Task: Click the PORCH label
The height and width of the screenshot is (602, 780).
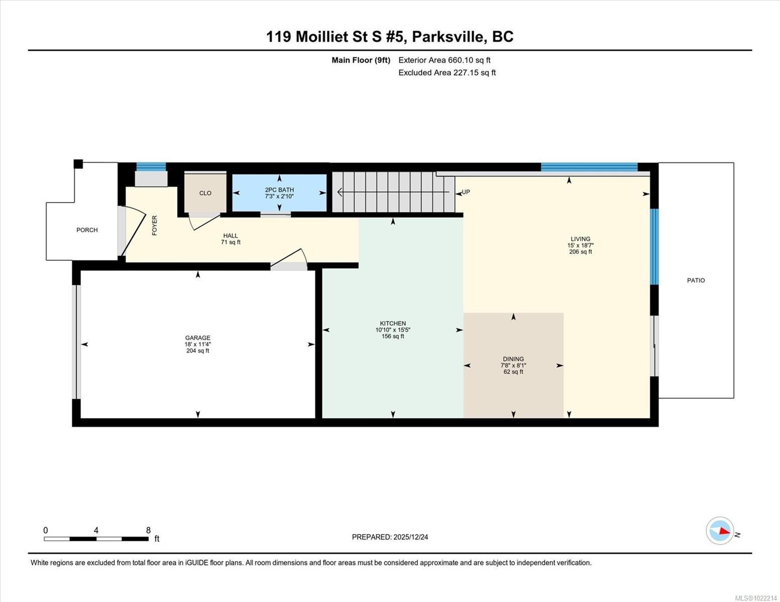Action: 87,230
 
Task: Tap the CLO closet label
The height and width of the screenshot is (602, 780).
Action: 205,193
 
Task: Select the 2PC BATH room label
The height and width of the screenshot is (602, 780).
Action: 279,190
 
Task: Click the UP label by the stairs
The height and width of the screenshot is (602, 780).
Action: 466,192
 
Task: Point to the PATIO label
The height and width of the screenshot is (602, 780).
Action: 696,280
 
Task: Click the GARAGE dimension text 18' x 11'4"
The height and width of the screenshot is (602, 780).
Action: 197,344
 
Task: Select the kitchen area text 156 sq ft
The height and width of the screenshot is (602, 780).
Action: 393,336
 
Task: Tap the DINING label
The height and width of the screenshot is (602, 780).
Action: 513,359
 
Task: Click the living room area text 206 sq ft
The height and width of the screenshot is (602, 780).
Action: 580,252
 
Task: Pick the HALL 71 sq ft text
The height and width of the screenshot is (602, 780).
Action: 231,242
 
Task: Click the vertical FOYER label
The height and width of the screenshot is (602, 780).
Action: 155,225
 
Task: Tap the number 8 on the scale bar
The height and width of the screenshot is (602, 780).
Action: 148,530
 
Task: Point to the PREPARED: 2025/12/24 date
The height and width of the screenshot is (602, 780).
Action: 390,537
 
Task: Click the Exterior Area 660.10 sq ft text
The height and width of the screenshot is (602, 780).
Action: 444,60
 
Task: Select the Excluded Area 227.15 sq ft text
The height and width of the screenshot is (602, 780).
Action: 447,73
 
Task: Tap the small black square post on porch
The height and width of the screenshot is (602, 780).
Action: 78,164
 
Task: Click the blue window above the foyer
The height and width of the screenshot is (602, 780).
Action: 151,167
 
